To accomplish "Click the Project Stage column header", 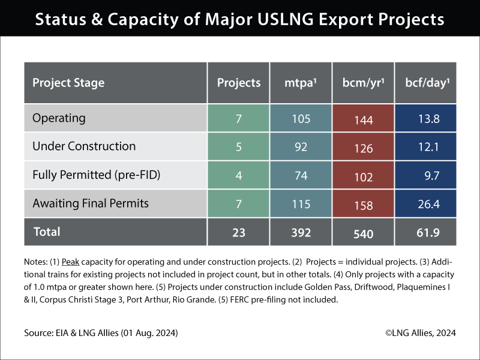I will [68, 83].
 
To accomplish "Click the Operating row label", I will [59, 118].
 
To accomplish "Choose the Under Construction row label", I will [84, 146].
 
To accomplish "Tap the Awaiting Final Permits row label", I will [90, 203].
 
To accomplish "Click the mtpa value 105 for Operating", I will [300, 119].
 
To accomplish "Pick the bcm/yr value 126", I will [363, 148].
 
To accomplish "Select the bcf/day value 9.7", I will [428, 176].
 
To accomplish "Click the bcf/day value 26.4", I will [428, 204].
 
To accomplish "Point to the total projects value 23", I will [238, 232].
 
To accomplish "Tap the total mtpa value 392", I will [300, 232].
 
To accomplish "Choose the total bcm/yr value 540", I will [363, 233].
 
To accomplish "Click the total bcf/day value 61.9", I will [427, 232].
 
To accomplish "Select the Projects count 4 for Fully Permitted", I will [238, 176].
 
